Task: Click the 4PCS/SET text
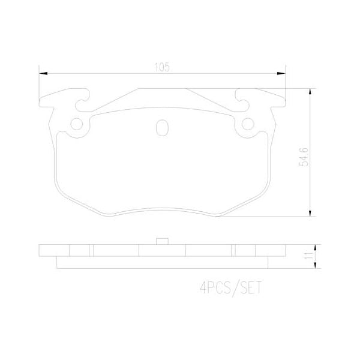230,287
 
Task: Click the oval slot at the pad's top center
161,128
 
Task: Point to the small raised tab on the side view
161,242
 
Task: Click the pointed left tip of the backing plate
39,100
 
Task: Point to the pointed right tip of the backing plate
285,100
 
